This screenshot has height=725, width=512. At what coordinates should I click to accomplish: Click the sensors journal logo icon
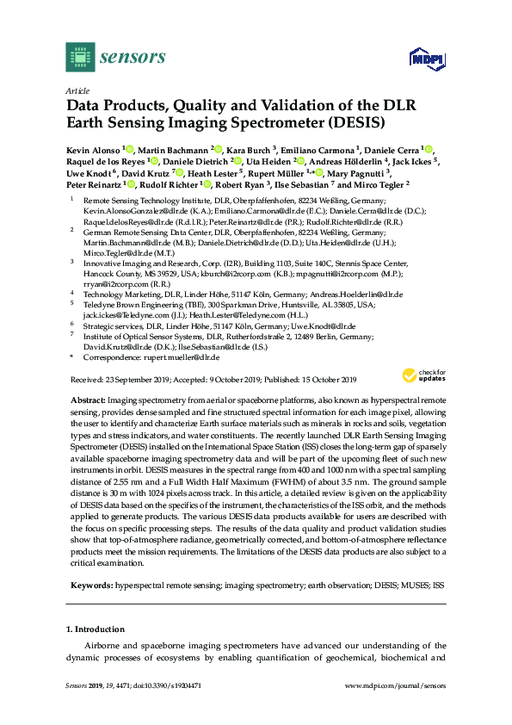click(x=79, y=57)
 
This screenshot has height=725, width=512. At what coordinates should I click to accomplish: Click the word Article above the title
click(x=77, y=90)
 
